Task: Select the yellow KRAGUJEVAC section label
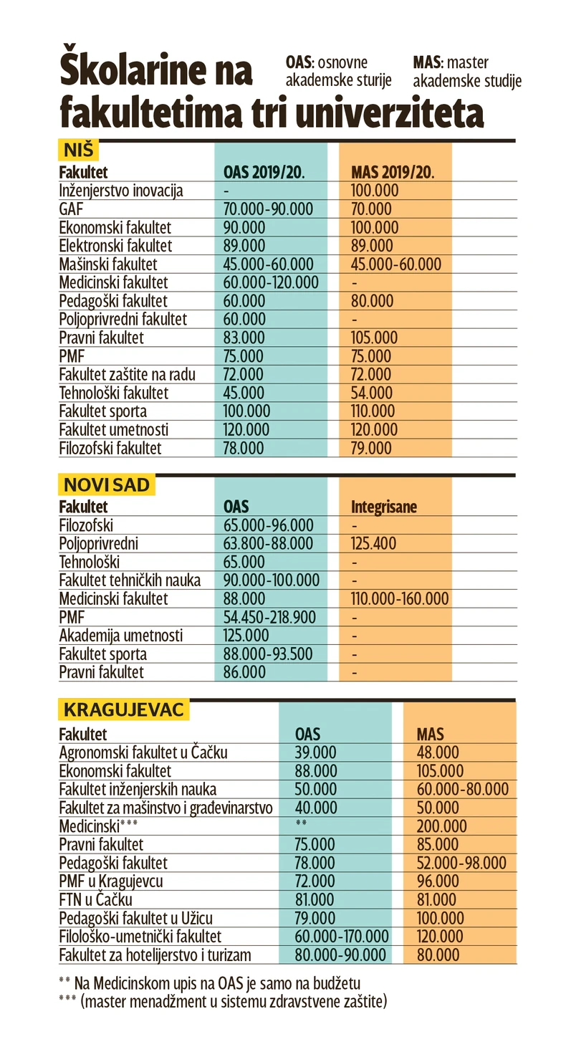[x=124, y=710]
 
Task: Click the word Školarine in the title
[x=155, y=71]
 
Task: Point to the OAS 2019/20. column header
[x=264, y=173]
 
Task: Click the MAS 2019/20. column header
[x=393, y=173]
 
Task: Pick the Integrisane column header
[x=384, y=507]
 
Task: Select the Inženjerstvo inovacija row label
[x=121, y=191]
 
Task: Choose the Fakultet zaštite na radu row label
[x=127, y=374]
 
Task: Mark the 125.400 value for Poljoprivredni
[x=373, y=544]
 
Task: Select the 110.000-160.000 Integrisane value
[x=400, y=598]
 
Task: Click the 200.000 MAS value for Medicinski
[x=441, y=826]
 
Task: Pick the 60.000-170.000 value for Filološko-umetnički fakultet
[x=342, y=937]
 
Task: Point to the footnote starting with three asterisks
[x=223, y=1002]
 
